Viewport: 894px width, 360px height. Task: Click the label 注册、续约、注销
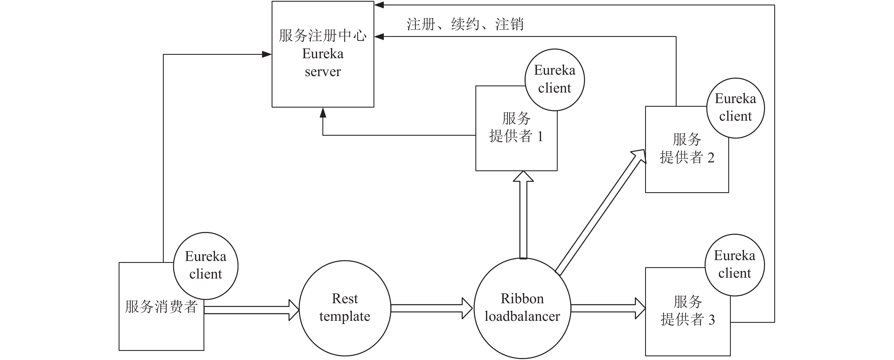tap(465, 24)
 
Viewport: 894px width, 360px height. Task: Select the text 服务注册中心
tap(323, 36)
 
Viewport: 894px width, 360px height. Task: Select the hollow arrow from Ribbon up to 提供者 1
tap(523, 215)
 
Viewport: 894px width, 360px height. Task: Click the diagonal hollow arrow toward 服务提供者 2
tap(600, 212)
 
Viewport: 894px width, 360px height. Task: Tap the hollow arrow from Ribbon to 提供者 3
tap(608, 308)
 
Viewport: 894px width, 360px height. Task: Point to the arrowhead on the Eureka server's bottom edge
tap(323, 112)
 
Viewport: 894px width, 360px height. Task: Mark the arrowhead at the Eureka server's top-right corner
tap(379, 5)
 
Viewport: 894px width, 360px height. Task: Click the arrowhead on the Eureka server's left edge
tap(267, 54)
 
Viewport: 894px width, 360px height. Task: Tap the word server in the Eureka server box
tap(323, 72)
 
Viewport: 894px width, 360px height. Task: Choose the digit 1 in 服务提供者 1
tap(540, 137)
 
